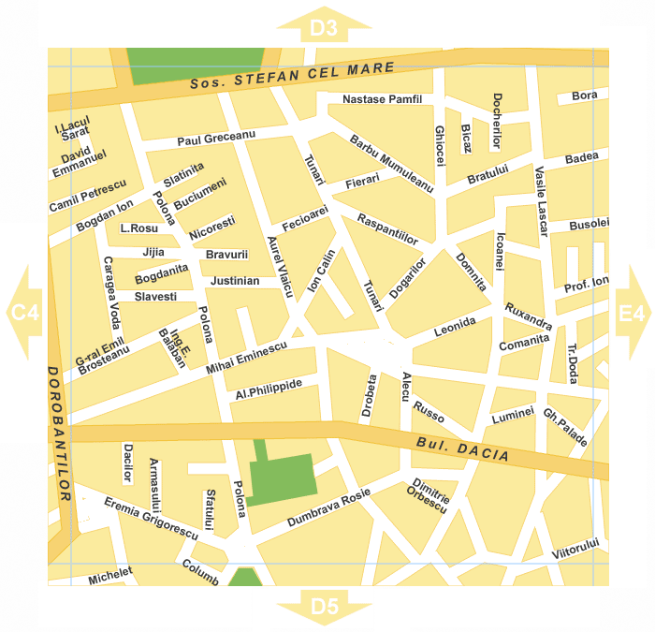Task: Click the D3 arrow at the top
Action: coord(324,27)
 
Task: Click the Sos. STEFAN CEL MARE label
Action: coord(292,76)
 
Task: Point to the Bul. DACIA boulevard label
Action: coord(463,450)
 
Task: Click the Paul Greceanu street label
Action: coord(216,139)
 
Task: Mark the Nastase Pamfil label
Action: coord(383,98)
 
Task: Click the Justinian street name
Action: coord(235,280)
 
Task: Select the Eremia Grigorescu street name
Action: coord(151,518)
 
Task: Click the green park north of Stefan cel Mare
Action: coord(196,64)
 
